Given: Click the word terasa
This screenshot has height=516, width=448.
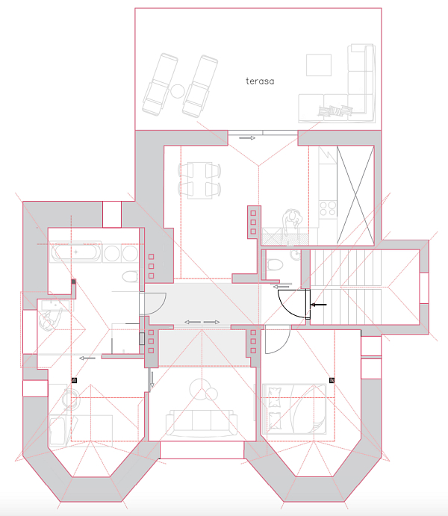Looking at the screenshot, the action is [260, 81].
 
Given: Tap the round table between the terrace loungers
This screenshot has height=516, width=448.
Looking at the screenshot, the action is [178, 91].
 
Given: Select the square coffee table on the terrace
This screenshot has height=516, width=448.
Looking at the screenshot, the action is [319, 65].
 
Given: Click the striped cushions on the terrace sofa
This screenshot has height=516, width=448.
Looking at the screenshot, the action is [335, 111].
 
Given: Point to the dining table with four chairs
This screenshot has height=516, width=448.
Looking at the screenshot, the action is [199, 180].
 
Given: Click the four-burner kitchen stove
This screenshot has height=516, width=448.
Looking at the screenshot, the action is [328, 208].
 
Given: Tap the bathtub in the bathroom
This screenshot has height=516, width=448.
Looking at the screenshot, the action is [75, 252].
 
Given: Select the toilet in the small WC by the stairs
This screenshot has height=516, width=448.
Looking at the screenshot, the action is [276, 264].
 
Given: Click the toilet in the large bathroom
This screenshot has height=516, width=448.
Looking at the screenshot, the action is [130, 276].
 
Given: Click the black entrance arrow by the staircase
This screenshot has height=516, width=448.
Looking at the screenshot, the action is [319, 305].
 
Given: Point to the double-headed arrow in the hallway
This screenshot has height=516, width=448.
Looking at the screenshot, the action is [202, 322].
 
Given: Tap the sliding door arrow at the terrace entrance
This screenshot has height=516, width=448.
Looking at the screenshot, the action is [247, 138].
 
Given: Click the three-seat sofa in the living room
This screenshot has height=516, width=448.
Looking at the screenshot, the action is [202, 423].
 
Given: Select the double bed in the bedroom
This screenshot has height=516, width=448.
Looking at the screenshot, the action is [294, 408].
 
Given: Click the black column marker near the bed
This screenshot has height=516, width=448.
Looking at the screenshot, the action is [332, 380].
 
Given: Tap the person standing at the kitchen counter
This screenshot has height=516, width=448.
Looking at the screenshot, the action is [292, 220].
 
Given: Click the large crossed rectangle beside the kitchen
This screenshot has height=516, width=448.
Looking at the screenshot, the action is [355, 196].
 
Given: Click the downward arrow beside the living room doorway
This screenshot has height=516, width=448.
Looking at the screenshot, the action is [152, 379].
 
